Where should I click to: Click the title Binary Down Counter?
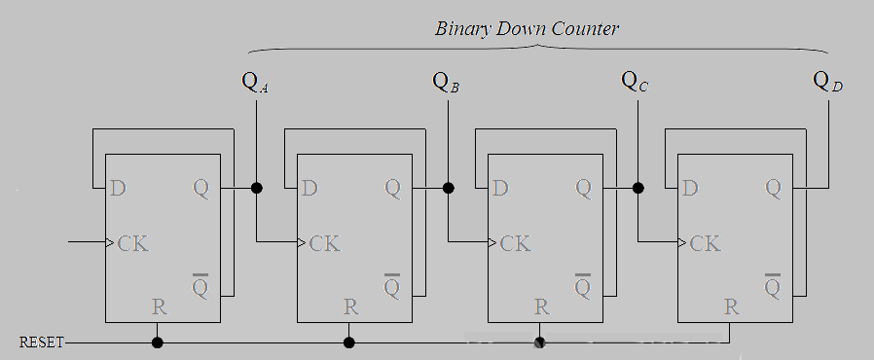click(x=527, y=28)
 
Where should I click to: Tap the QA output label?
click(x=255, y=82)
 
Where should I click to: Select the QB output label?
click(x=446, y=82)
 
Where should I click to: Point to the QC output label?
click(x=636, y=82)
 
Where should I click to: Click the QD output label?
click(x=827, y=82)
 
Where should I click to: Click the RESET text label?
click(x=41, y=342)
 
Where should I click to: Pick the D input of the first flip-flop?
click(x=119, y=187)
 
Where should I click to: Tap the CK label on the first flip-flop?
click(x=133, y=242)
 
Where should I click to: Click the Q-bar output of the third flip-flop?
click(x=583, y=286)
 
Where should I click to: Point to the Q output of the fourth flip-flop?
click(x=773, y=187)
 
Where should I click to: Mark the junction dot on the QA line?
click(x=257, y=187)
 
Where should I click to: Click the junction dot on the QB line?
click(x=448, y=187)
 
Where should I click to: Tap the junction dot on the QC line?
click(x=638, y=187)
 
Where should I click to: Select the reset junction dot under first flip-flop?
click(x=158, y=342)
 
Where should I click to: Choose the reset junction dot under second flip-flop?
click(x=349, y=342)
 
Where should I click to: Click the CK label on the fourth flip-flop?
click(x=706, y=242)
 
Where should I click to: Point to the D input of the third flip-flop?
click(x=500, y=187)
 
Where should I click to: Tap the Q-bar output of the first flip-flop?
click(x=201, y=286)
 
